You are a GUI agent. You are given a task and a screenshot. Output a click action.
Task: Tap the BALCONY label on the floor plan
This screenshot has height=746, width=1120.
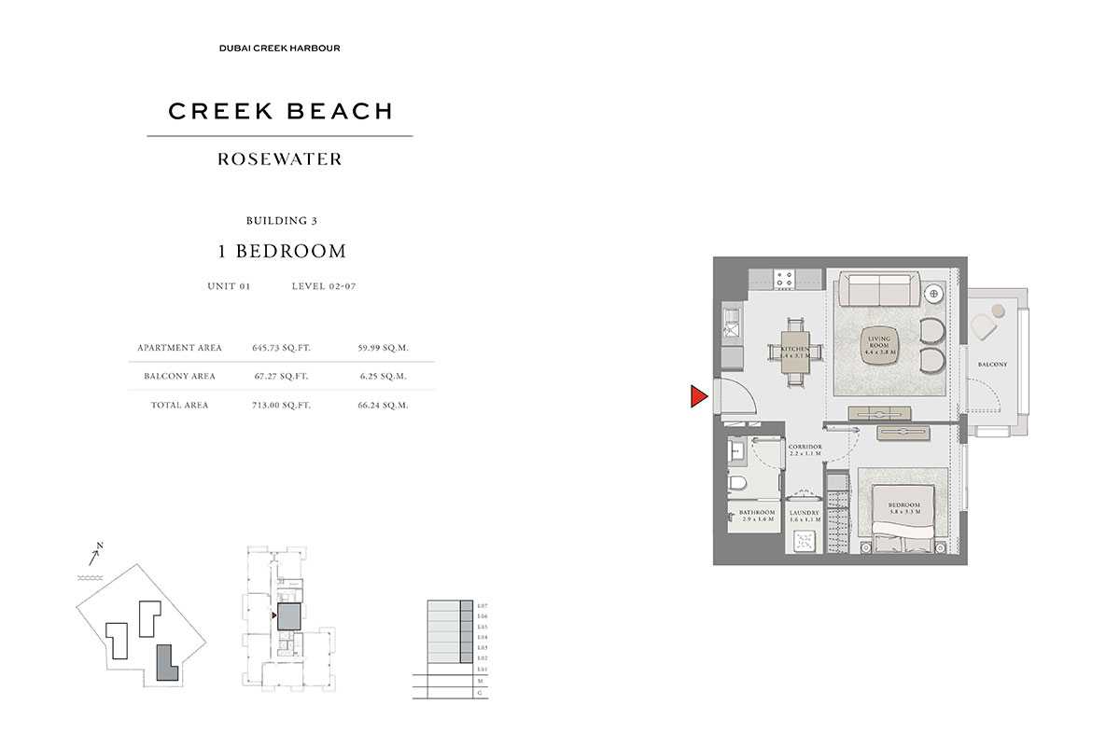992,364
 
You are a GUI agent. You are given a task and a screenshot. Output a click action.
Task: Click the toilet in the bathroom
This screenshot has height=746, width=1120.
739,485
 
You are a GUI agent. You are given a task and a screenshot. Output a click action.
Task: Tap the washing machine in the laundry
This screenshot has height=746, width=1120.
804,543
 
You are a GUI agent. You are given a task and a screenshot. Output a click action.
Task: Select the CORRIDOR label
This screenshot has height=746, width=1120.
804,451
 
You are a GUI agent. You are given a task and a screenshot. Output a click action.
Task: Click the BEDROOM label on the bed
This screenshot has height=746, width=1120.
904,509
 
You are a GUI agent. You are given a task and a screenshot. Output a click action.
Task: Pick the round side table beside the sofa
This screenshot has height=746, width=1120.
933,294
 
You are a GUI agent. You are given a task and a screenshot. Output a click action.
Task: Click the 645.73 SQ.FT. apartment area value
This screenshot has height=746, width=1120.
281,348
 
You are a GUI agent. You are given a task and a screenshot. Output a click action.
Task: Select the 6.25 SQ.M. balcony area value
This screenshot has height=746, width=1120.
383,377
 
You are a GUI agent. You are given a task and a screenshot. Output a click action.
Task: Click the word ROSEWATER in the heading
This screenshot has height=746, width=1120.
280,159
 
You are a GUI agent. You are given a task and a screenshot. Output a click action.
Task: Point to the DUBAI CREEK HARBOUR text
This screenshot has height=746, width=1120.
280,48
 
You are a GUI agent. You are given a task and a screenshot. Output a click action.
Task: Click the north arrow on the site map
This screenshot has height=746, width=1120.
95,556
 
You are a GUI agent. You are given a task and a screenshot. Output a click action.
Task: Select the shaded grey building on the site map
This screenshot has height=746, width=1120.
165,664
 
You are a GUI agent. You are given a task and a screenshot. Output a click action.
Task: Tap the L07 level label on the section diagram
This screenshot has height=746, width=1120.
482,606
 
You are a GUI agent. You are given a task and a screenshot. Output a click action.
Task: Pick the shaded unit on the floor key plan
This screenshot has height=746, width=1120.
289,616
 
